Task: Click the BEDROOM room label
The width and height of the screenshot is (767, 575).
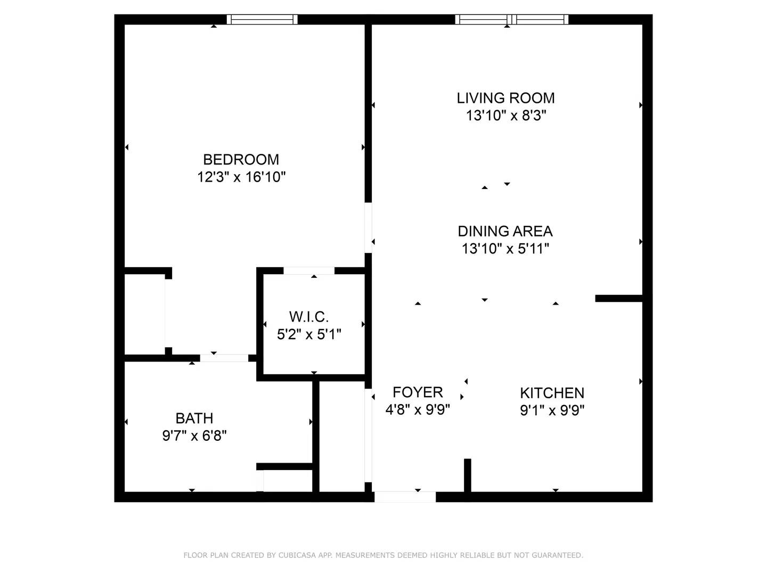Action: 241,160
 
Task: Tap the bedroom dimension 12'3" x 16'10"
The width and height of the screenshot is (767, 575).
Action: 241,177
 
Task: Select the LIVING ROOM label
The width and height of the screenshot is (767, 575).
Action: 505,98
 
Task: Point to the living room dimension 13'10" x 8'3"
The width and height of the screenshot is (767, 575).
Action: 506,115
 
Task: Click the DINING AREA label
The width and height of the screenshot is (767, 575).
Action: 505,231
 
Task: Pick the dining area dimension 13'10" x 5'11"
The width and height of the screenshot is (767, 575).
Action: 505,249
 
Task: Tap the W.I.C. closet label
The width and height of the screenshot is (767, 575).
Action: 309,317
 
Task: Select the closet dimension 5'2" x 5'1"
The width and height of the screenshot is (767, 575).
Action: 309,334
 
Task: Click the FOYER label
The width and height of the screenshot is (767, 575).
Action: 418,392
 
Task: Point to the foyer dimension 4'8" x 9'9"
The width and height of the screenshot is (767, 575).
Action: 418,409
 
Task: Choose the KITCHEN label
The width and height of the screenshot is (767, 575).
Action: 552,393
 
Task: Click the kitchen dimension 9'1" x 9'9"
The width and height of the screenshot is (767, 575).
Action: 552,410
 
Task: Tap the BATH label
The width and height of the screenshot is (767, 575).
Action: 194,418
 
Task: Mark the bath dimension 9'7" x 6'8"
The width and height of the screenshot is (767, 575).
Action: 194,436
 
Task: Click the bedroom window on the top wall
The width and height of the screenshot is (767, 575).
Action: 262,19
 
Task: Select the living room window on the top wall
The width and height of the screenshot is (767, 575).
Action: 511,19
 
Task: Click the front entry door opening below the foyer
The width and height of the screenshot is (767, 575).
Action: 405,497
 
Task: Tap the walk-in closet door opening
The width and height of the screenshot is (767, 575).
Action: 309,270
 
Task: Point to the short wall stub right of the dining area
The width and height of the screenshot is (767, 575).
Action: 619,299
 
